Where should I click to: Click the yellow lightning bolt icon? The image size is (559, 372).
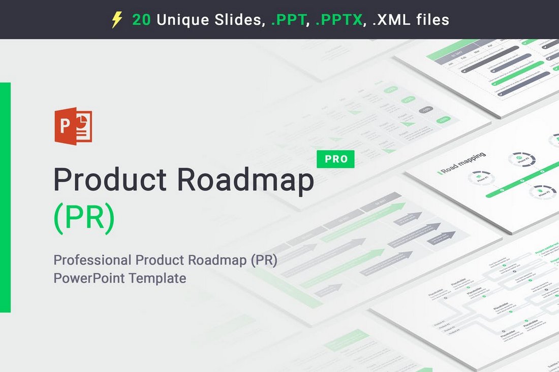117,20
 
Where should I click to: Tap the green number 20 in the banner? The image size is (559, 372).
141,20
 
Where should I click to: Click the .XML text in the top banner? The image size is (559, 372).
389,20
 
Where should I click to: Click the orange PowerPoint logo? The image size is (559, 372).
73,126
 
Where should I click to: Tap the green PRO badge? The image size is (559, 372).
335,159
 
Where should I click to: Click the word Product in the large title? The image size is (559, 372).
110,181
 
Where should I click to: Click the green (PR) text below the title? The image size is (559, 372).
84,217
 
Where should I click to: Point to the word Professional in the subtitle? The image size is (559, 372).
92,260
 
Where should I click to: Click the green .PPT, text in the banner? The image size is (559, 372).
289,20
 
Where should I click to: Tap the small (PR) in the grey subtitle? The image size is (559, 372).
263,260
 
